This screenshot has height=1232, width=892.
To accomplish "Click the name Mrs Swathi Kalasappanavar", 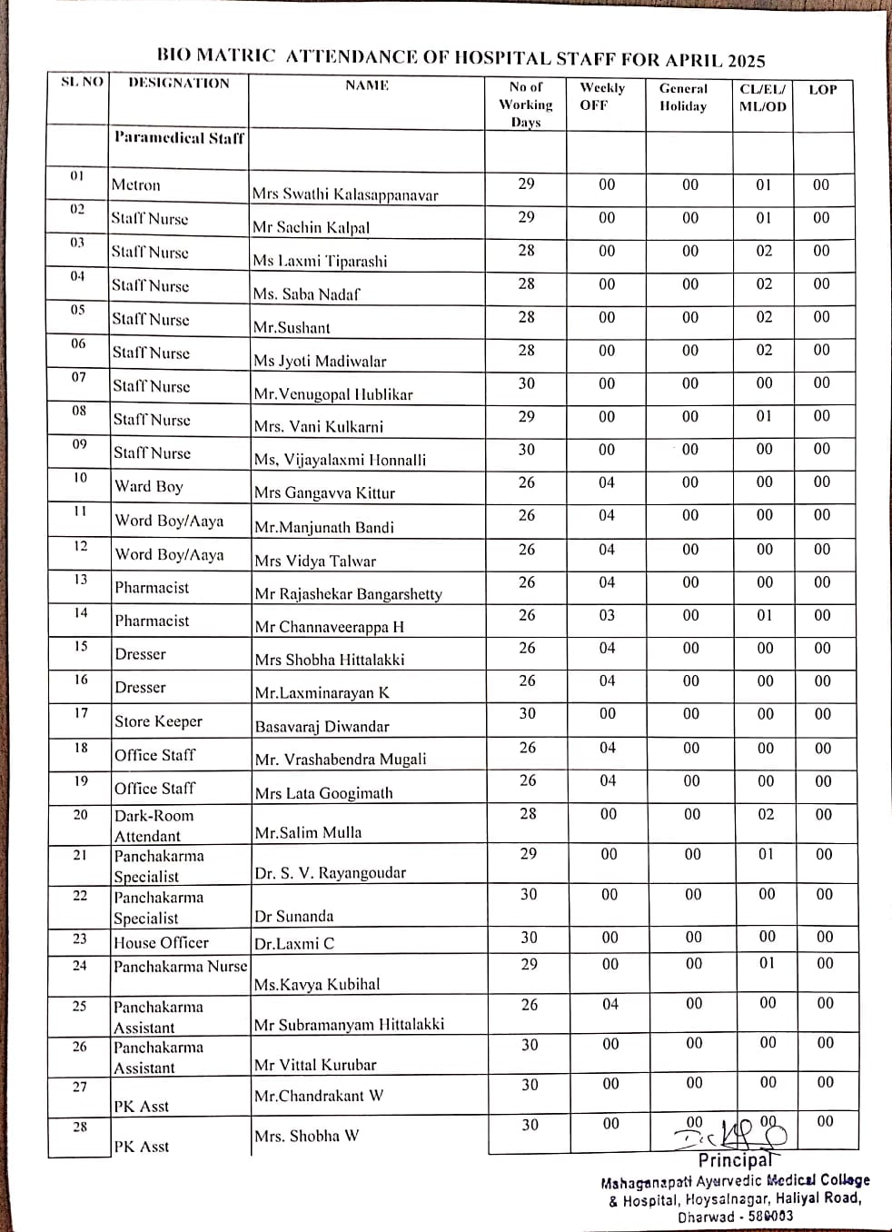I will [x=345, y=194].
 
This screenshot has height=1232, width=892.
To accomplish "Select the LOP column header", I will [x=822, y=90].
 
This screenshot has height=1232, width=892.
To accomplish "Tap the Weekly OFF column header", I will [x=602, y=96].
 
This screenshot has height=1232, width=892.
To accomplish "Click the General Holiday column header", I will [x=683, y=97].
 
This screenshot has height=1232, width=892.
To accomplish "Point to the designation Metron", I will [x=135, y=185].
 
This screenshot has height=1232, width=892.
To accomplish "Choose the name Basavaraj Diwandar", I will [x=322, y=726].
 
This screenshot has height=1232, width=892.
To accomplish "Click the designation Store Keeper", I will [x=158, y=721].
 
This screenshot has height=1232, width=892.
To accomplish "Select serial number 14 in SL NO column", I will [x=81, y=613].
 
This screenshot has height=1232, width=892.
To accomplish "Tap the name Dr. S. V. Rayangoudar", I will [x=330, y=873].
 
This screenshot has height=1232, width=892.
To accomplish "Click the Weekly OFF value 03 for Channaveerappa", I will [x=607, y=615].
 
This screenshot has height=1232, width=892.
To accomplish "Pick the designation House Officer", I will [x=161, y=943].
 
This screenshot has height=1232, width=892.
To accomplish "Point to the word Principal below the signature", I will [x=735, y=1160].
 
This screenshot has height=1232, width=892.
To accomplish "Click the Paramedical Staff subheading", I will [x=179, y=138].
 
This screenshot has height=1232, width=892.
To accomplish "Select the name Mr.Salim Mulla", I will [x=308, y=832].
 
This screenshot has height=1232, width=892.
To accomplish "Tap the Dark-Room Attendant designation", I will [x=154, y=825].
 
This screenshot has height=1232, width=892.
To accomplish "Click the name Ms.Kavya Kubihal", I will [x=317, y=984].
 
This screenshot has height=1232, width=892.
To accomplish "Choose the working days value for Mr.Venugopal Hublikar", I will [x=527, y=383].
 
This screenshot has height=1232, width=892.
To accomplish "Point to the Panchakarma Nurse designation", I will [x=180, y=967].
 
